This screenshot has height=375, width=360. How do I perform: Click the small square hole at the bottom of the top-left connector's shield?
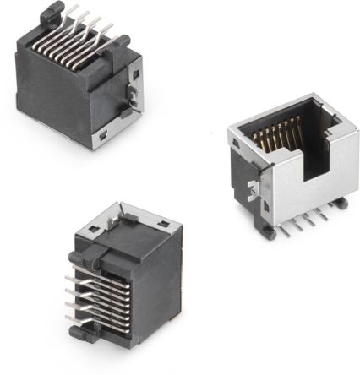[102, 135]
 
